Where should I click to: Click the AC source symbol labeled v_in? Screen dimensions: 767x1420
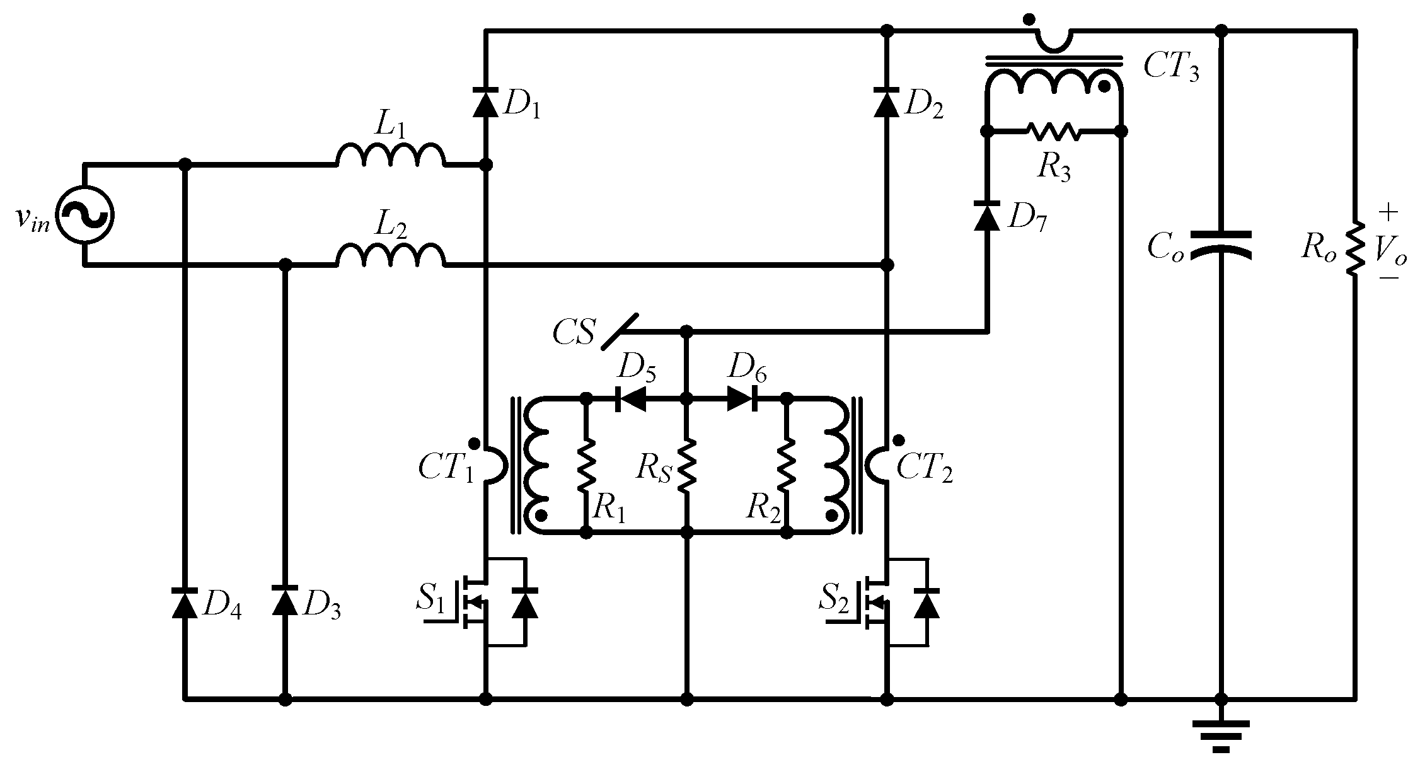[84, 215]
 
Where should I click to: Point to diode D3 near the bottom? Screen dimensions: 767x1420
[285, 601]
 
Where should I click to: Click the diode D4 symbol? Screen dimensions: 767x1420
[185, 601]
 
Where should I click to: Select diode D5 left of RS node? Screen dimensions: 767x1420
[630, 399]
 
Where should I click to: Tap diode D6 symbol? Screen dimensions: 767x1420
[742, 399]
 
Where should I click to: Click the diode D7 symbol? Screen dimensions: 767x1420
[987, 216]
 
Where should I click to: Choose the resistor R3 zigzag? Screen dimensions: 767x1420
[1053, 132]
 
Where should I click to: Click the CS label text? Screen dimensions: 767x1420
[573, 333]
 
